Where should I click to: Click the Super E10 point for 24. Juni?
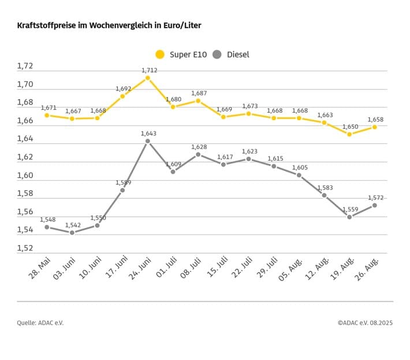point(148,77)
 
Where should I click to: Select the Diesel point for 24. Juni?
point(148,141)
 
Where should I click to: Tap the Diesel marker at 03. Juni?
point(72,232)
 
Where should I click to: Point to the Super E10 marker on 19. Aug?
point(349,134)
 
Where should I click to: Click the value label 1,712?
point(149,70)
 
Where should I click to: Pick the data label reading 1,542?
point(73,225)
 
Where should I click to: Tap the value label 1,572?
point(375,198)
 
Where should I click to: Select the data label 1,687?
point(199,93)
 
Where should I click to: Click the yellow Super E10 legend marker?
point(160,54)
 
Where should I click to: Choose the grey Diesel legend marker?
point(217,54)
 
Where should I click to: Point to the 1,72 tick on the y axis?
point(25,66)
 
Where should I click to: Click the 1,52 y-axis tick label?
point(25,248)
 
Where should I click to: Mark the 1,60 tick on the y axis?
point(25,176)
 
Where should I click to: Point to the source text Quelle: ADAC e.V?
point(40,323)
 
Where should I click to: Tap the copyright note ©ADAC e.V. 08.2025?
point(365,323)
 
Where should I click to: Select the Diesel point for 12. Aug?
point(325,195)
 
